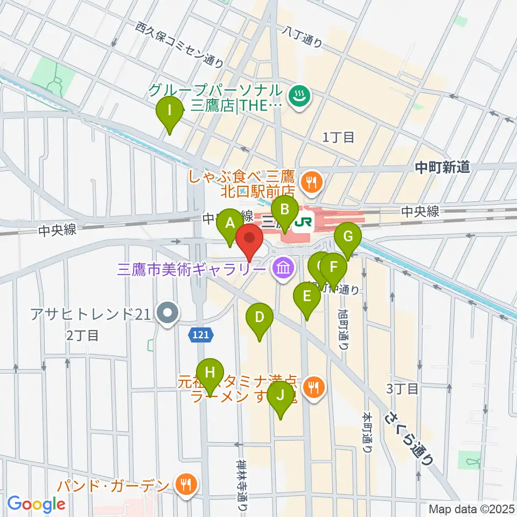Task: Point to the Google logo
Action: pos(36,504)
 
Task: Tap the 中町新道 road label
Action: pos(442,168)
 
